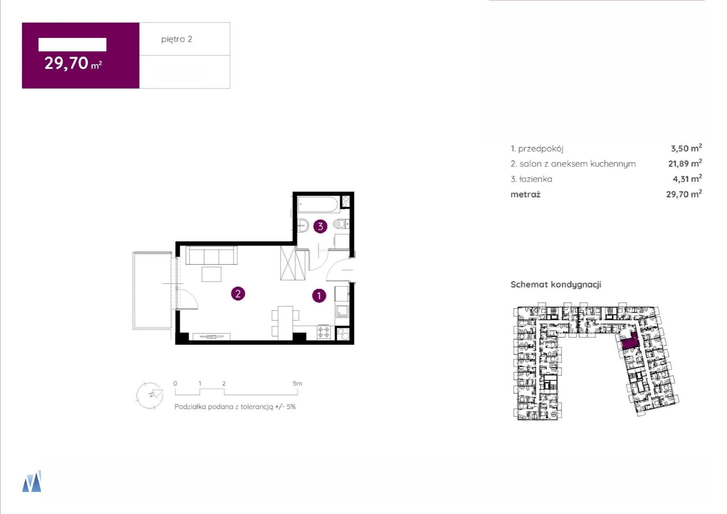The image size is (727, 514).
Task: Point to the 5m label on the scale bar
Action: click(x=297, y=383)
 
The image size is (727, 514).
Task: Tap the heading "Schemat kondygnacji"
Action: click(x=556, y=285)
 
